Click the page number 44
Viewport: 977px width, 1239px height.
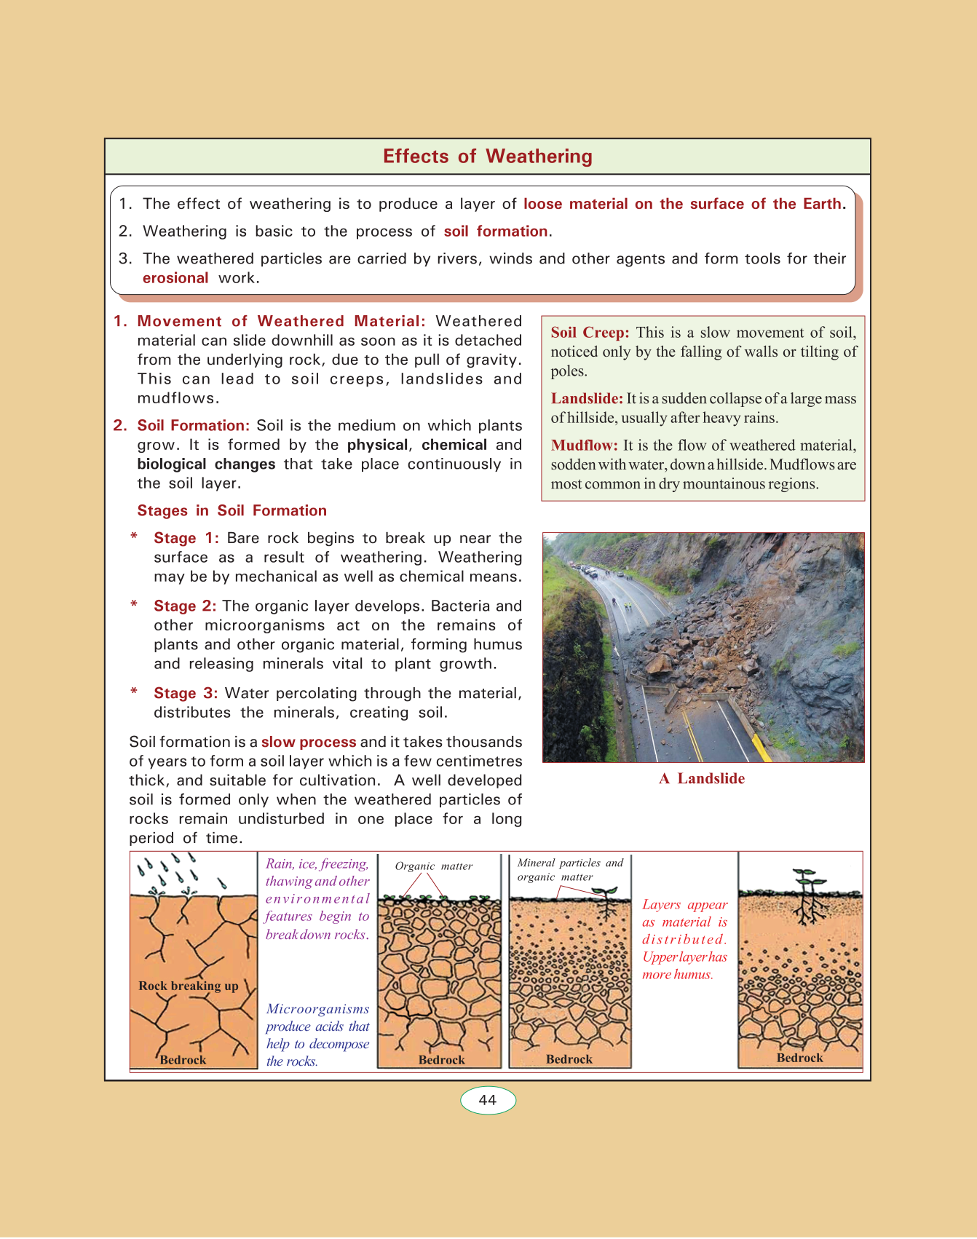click(488, 1100)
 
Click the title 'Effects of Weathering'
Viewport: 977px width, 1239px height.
click(488, 157)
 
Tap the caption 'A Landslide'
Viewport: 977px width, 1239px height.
click(702, 778)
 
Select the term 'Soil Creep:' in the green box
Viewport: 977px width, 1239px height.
click(590, 333)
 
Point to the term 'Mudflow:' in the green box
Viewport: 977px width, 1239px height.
click(584, 446)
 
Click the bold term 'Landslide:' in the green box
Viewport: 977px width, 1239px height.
click(587, 399)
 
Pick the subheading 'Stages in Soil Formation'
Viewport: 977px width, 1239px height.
click(232, 510)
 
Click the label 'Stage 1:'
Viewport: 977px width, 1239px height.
click(186, 538)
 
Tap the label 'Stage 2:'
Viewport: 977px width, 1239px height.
click(185, 606)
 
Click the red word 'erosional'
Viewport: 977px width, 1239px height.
click(175, 278)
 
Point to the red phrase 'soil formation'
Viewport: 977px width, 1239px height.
click(496, 231)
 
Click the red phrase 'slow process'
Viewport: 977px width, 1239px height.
click(309, 742)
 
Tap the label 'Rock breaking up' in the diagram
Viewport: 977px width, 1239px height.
click(189, 986)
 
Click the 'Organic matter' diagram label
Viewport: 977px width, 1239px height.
click(434, 866)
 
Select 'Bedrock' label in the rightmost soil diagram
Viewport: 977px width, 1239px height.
click(799, 1058)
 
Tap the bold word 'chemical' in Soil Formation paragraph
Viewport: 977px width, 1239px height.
click(454, 445)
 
